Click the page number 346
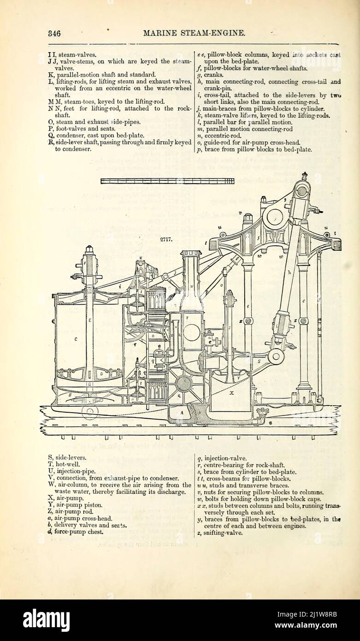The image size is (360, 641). tap(55, 33)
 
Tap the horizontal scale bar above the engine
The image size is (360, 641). tap(167, 181)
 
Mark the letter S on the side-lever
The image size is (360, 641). tap(260, 362)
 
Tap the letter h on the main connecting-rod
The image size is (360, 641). tap(289, 273)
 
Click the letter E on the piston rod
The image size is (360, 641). tap(90, 319)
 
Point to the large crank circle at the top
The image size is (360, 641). tap(272, 215)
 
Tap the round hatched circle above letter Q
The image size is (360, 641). tap(183, 383)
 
